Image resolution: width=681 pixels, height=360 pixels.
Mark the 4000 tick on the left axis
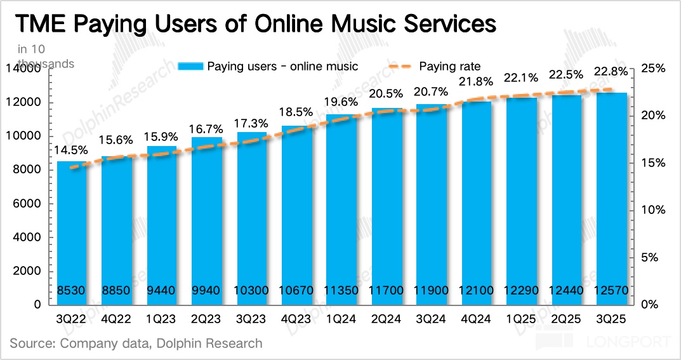28,237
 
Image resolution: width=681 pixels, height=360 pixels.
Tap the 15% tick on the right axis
652,163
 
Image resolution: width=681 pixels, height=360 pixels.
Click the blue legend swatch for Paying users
190,66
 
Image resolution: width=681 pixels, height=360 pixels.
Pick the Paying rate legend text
450,66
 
